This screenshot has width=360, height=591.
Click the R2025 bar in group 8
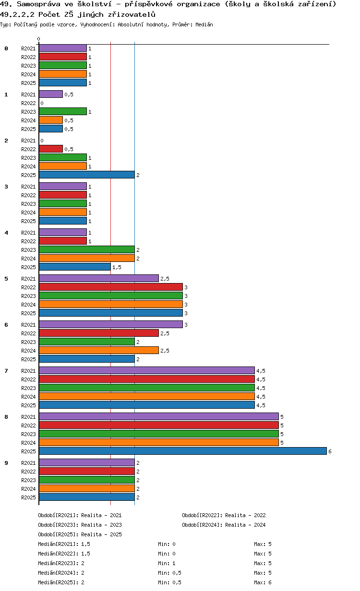[182, 451]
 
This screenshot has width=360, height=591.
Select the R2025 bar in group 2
[86, 175]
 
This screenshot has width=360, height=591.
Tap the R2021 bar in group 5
[98, 278]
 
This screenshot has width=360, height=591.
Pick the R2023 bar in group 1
[62, 111]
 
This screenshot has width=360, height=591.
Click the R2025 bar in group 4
[74, 267]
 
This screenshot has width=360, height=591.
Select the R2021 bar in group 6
[110, 324]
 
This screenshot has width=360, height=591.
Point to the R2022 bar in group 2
[50, 149]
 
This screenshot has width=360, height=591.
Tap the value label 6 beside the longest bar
[330, 451]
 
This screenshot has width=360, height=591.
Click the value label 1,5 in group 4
[116, 267]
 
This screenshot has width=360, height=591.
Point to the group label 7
[6, 371]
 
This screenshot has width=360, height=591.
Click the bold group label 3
[6, 187]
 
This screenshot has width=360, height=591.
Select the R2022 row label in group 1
[28, 103]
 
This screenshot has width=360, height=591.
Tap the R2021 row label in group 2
[28, 141]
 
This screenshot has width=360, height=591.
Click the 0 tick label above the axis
[39, 39]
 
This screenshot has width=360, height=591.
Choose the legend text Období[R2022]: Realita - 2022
[224, 515]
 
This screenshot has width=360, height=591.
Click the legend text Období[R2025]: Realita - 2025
[80, 534]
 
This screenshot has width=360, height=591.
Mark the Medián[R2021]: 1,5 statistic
[64, 544]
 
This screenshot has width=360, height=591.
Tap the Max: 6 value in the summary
[263, 582]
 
